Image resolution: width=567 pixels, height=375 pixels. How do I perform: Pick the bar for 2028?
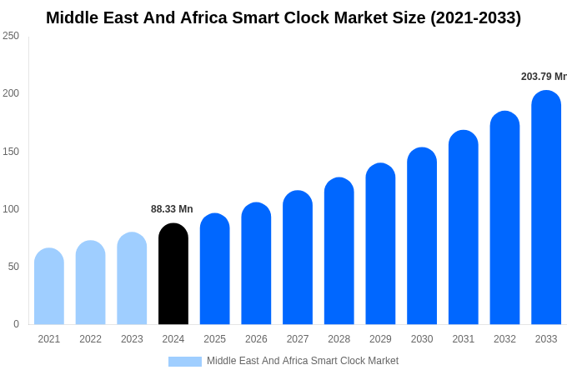pos(339,251)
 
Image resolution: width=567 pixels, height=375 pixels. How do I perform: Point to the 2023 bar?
pos(132,278)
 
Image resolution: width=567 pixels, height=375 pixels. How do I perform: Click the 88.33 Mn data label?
pos(172,209)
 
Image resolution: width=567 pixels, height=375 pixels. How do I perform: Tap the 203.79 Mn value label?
pos(544,77)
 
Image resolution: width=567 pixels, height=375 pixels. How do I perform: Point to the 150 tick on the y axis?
pos(11,152)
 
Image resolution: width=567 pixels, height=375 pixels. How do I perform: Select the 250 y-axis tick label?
pos(11,36)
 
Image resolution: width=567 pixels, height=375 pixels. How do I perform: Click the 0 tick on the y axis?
pos(16,324)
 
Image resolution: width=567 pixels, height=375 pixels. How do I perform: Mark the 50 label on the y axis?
pos(13,267)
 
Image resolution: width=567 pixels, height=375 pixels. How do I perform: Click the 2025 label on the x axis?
pos(214,339)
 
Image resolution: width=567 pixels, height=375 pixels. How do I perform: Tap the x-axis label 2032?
pos(504,339)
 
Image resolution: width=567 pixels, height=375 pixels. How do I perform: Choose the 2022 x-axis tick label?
pos(90,339)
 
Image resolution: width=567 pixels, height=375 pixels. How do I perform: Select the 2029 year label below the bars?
pos(380,339)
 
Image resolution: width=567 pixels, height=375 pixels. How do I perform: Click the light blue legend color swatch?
pos(185,362)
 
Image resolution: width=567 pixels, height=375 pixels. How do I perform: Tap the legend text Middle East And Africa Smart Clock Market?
pos(303,361)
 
